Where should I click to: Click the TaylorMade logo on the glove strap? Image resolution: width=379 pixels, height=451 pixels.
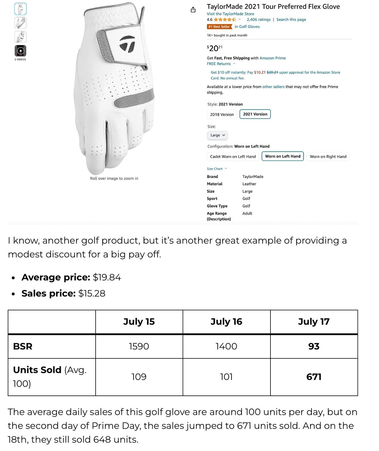pos(127,44)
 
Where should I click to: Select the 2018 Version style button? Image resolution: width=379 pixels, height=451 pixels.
pos(222,114)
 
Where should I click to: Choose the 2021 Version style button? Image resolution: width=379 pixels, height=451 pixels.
pos(255,114)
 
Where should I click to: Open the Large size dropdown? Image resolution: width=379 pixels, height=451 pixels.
pos(217,135)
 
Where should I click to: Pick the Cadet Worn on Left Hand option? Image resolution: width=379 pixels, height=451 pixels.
pos(233,157)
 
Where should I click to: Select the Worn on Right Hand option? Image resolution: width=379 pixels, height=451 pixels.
pos(328,157)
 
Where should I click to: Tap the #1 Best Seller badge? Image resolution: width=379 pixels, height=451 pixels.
pos(219,27)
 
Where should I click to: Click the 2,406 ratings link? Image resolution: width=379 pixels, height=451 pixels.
pos(258,20)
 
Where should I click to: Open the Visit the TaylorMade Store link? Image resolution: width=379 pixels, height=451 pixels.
pos(230,14)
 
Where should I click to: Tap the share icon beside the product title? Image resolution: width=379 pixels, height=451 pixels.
pos(193,10)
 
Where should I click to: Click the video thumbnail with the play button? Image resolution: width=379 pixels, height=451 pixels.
pos(21,51)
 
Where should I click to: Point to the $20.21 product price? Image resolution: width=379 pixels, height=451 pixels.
pos(215,48)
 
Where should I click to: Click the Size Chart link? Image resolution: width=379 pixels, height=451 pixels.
pos(215,169)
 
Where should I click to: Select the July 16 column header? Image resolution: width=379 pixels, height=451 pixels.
pos(226,322)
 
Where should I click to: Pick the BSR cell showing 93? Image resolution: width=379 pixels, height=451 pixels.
pos(314,346)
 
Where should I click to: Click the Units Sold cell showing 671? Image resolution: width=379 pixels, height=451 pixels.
pos(314,377)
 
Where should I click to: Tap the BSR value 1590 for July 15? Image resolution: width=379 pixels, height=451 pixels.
pos(139,346)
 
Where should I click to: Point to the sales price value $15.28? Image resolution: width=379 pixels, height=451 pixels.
pos(92,293)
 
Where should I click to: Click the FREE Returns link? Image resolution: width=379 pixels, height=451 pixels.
pos(219,64)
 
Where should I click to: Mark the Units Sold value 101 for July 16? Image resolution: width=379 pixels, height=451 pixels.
pos(226,377)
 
